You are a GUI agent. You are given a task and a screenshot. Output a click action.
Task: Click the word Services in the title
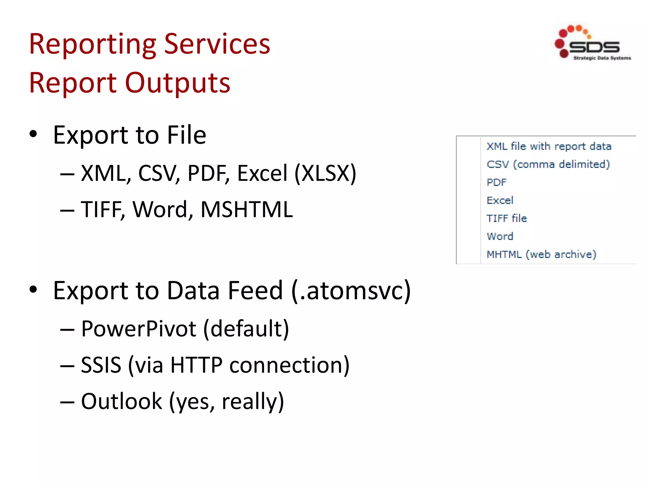pyautogui.click(x=217, y=44)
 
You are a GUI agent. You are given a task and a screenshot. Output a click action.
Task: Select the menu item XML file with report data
pyautogui.click(x=549, y=146)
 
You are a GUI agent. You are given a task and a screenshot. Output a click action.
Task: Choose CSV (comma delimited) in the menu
pyautogui.click(x=548, y=165)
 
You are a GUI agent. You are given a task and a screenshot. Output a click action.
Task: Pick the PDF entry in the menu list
pyautogui.click(x=496, y=183)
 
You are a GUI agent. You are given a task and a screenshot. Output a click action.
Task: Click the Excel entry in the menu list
pyautogui.click(x=500, y=201)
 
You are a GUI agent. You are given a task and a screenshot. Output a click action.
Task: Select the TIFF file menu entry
pyautogui.click(x=506, y=219)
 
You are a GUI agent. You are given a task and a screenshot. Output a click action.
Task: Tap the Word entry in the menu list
pyautogui.click(x=500, y=237)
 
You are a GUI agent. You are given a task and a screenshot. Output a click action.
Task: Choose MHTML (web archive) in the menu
pyautogui.click(x=541, y=255)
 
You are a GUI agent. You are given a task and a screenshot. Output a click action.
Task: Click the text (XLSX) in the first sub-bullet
pyautogui.click(x=325, y=173)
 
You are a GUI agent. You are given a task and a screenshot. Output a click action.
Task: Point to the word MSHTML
pyautogui.click(x=247, y=209)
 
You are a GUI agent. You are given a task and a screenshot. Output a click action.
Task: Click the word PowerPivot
pyautogui.click(x=139, y=329)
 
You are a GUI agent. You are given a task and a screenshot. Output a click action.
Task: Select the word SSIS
pyautogui.click(x=101, y=365)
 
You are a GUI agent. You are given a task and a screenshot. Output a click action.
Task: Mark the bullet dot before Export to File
pyautogui.click(x=33, y=134)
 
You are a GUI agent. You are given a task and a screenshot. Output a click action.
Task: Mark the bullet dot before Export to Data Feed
pyautogui.click(x=33, y=290)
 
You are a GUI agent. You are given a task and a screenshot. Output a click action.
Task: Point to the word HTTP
pyautogui.click(x=196, y=365)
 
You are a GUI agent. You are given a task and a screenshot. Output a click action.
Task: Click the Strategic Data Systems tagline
pyautogui.click(x=602, y=58)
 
